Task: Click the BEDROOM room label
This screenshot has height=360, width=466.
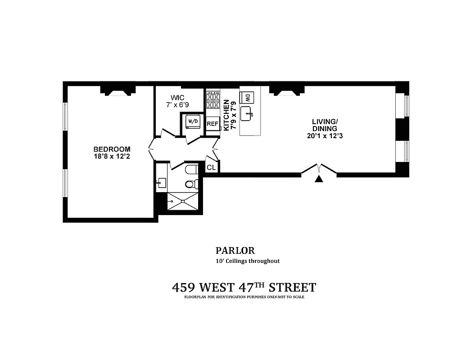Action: tap(112, 149)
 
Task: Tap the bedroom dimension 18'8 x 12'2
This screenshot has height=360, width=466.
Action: tap(112, 157)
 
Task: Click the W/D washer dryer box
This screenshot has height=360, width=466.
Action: tap(193, 121)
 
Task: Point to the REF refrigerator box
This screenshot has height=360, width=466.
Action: tap(213, 124)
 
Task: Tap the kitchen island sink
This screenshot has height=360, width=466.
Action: tap(248, 113)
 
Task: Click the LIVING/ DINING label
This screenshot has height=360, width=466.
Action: tap(325, 125)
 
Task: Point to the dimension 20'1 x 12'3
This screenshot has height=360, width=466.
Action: tap(325, 135)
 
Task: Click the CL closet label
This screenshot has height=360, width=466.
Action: tap(211, 167)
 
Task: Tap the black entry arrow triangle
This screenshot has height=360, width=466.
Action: tap(319, 180)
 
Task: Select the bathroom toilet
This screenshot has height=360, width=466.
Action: tap(191, 183)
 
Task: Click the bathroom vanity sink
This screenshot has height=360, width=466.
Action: tap(162, 183)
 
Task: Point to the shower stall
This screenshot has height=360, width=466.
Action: tap(182, 201)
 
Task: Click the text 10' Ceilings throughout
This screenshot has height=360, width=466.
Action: tap(247, 261)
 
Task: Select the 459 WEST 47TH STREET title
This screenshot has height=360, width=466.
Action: tap(244, 287)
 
